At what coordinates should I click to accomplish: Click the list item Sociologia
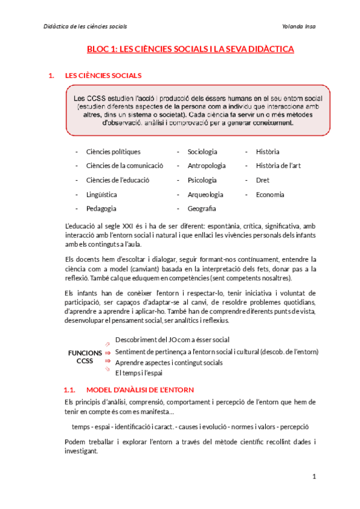[x=202, y=152]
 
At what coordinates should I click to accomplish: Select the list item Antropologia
[x=206, y=166]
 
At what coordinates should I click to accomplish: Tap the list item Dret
[x=262, y=180]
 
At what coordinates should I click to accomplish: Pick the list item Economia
[x=270, y=194]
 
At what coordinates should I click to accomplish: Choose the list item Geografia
[x=202, y=208]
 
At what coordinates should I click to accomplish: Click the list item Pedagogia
[x=101, y=208]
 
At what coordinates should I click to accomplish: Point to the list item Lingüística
[x=101, y=194]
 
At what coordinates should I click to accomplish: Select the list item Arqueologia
[x=205, y=194]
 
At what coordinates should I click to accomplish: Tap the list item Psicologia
[x=202, y=180]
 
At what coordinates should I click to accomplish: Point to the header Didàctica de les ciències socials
[x=86, y=26]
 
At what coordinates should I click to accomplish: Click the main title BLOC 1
[x=190, y=49]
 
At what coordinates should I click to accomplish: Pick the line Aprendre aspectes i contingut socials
[x=169, y=362]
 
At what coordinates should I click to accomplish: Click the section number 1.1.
[x=70, y=390]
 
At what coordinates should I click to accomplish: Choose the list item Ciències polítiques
[x=113, y=152]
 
